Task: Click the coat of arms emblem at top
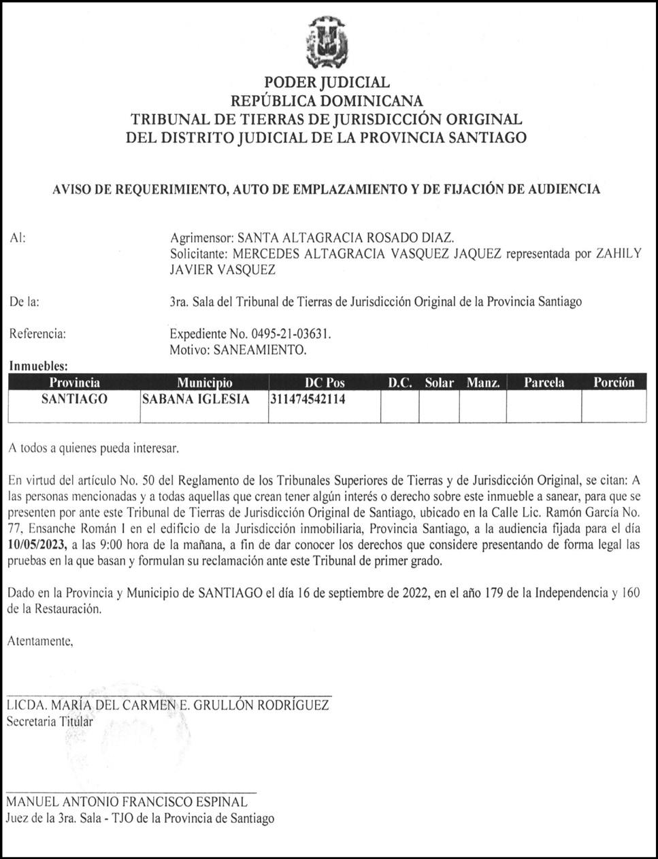[x=327, y=42]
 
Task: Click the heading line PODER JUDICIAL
[x=327, y=83]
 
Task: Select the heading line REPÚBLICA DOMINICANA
[x=327, y=101]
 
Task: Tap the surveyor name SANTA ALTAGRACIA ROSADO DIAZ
[x=343, y=238]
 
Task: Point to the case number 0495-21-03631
[x=291, y=334]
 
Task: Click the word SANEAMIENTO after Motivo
[x=259, y=351]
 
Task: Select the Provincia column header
[x=74, y=383]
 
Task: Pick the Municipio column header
[x=204, y=383]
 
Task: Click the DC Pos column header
[x=325, y=383]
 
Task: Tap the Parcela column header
[x=544, y=383]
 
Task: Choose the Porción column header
[x=613, y=383]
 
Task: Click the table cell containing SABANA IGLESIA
[x=195, y=400]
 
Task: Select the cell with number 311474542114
[x=308, y=400]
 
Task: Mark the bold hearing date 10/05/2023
[x=37, y=544]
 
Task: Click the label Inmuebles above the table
[x=38, y=367]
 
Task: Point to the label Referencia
[x=37, y=334]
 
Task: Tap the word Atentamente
[x=39, y=641]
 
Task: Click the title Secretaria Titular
[x=50, y=722]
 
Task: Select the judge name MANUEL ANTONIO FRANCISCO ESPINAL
[x=127, y=802]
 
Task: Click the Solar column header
[x=439, y=383]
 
